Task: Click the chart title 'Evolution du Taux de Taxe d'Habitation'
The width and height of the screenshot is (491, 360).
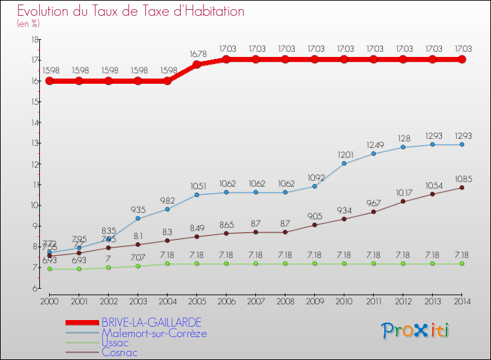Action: pos(131,11)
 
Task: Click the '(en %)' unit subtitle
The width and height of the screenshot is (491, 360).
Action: pos(28,24)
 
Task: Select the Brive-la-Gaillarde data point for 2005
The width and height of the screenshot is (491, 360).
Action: pos(197,64)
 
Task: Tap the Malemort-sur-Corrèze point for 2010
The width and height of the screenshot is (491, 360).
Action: pos(344,163)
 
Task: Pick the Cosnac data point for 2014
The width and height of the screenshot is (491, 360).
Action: pos(462,187)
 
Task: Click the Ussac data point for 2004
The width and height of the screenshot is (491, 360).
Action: pos(168,264)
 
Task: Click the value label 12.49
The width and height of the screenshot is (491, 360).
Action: pos(374,145)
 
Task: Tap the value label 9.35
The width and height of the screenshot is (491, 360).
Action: pos(138,209)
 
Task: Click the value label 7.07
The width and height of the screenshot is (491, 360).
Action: pos(138,257)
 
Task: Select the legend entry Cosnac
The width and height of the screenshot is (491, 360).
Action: pos(119,352)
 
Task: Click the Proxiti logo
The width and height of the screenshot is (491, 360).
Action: pos(416,331)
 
